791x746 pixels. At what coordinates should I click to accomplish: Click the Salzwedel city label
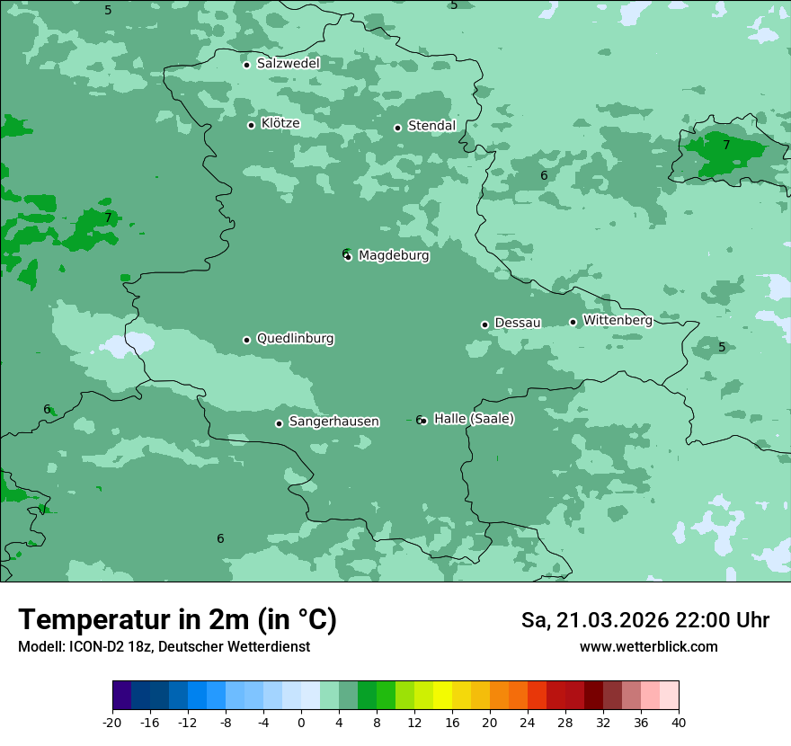click(x=288, y=64)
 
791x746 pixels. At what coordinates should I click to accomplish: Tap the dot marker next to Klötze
click(x=251, y=125)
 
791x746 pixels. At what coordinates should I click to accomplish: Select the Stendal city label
click(x=431, y=126)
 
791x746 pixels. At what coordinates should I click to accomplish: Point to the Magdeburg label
click(x=394, y=255)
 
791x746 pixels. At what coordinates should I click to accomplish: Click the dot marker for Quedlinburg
click(x=246, y=340)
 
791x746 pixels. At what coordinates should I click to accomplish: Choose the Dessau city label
click(x=518, y=323)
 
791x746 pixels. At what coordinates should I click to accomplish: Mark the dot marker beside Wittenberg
click(x=573, y=322)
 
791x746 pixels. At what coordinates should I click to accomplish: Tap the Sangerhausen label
click(x=333, y=422)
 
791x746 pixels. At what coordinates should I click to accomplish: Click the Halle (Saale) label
click(x=474, y=419)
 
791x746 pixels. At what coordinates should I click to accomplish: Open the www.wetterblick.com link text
click(x=648, y=647)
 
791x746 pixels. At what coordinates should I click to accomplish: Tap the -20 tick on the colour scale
click(x=112, y=723)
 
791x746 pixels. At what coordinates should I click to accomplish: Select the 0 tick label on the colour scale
click(x=301, y=723)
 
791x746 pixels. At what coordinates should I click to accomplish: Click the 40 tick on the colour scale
click(x=678, y=723)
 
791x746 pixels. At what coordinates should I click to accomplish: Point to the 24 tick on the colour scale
click(x=528, y=723)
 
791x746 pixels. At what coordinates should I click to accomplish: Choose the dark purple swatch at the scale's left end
click(x=121, y=696)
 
